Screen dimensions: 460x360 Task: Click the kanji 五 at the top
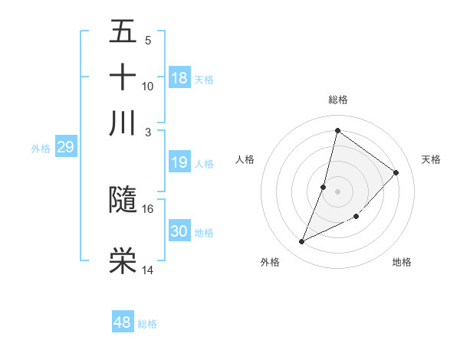coord(123,33)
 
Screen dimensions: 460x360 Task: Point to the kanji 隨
coord(123,200)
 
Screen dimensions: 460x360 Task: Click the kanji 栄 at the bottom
coord(123,261)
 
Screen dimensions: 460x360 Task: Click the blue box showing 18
coord(179,78)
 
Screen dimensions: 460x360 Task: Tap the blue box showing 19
coord(179,162)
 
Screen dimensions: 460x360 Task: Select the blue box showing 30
coord(179,231)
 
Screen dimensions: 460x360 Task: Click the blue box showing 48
coord(123,322)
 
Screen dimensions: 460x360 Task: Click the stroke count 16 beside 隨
coord(148,208)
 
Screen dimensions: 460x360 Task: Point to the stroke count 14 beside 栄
coord(148,270)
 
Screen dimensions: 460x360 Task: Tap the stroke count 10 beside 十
coord(148,86)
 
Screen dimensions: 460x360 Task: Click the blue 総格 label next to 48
coord(147,324)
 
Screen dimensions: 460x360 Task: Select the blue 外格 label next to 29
coord(41,149)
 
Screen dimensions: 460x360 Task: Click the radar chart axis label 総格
coord(337,100)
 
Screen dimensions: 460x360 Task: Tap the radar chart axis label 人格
coord(245,159)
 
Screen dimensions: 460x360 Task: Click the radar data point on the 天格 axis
coord(396,172)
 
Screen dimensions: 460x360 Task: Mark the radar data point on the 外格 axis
coord(301,242)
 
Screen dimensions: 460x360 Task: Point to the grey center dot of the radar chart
coord(337,191)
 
